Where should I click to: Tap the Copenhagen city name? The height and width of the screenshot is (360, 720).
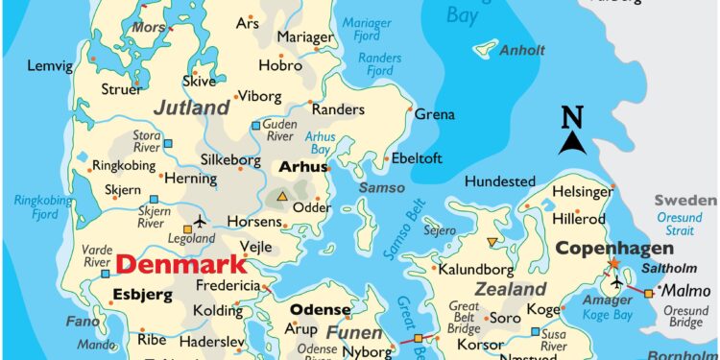(x=610, y=249)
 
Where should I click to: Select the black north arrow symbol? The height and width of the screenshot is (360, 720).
(x=573, y=143)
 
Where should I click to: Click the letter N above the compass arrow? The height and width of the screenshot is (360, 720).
(x=572, y=117)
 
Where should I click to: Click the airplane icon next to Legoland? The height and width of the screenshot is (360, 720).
(x=201, y=221)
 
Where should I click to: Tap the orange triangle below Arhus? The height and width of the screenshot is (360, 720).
(x=282, y=198)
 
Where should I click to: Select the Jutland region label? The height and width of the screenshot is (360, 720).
(x=192, y=108)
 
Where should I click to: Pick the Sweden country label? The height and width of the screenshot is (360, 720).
(x=685, y=201)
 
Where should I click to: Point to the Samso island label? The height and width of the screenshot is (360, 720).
(x=381, y=188)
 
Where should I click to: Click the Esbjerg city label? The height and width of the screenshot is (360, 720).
(x=141, y=294)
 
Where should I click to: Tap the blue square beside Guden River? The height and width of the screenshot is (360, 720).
(x=254, y=126)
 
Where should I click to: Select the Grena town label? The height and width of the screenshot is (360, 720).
(x=434, y=114)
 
